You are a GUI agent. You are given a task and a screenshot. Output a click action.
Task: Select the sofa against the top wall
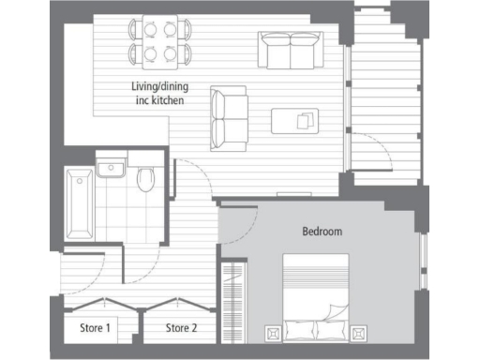tap(291, 50)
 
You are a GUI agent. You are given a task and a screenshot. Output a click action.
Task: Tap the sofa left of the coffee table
tap(229, 119)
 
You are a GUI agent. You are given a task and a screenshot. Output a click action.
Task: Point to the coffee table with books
tap(294, 121)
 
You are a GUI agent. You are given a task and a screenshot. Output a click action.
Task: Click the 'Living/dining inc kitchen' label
tap(157, 94)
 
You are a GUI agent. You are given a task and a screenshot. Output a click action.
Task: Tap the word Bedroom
tap(322, 231)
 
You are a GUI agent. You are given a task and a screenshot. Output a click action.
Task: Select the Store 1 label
tap(95, 328)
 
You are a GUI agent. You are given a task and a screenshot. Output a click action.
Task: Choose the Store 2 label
tap(181, 328)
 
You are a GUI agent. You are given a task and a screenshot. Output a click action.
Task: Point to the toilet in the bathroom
tap(146, 178)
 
